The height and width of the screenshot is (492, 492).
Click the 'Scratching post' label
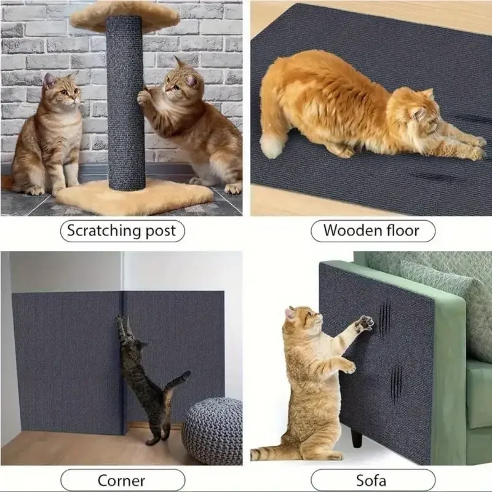(121, 231)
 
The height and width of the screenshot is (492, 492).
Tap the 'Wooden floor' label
(371, 231)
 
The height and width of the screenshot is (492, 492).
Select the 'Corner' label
(121, 480)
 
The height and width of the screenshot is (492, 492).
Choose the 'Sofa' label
(372, 480)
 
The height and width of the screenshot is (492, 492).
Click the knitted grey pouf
(212, 430)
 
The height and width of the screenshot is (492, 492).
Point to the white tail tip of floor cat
(271, 146)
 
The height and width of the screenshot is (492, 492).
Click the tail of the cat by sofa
(271, 454)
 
